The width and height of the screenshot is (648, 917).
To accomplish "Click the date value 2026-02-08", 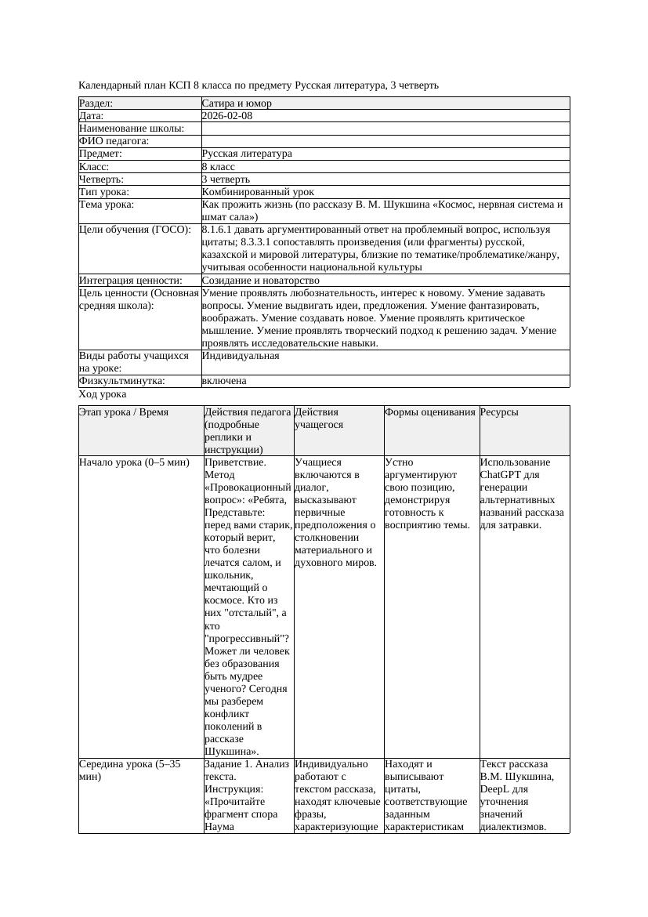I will pyautogui.click(x=227, y=116).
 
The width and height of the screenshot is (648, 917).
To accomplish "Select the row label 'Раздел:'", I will pyautogui.click(x=96, y=103).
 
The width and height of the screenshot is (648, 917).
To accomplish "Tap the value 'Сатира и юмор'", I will pyautogui.click(x=237, y=103).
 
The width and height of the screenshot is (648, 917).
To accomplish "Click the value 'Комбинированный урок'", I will pyautogui.click(x=258, y=192).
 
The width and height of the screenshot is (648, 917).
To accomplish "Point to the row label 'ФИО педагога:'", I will pyautogui.click(x=114, y=141).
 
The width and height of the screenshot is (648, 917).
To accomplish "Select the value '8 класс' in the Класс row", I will pyautogui.click(x=219, y=167).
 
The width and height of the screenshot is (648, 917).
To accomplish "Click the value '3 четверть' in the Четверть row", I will pyautogui.click(x=226, y=179).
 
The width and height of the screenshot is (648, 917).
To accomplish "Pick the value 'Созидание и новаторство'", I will pyautogui.click(x=260, y=281).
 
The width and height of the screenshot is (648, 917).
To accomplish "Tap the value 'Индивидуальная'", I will pyautogui.click(x=241, y=356).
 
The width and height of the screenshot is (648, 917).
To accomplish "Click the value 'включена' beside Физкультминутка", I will pyautogui.click(x=224, y=381).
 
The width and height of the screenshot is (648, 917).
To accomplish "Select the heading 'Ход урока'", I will pyautogui.click(x=103, y=395).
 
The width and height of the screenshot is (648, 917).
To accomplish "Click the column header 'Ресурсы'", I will pyautogui.click(x=499, y=412).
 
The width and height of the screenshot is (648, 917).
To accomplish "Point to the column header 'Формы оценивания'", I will pyautogui.click(x=430, y=412).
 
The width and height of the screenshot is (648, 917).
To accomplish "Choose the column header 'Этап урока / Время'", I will pyautogui.click(x=124, y=412).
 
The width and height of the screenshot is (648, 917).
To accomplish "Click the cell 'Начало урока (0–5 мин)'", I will pyautogui.click(x=135, y=462).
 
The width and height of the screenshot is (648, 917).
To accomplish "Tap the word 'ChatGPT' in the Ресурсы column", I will pyautogui.click(x=501, y=475).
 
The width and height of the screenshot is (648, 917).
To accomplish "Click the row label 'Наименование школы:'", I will pyautogui.click(x=132, y=129).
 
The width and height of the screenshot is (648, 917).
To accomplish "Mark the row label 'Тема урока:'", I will pyautogui.click(x=107, y=205).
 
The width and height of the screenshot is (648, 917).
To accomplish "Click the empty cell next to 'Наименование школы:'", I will pyautogui.click(x=385, y=129).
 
